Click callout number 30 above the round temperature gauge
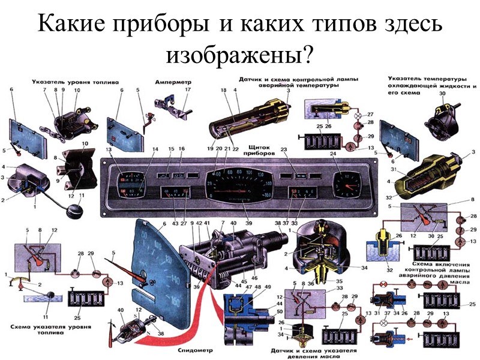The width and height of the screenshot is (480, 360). click(x=443, y=94)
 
